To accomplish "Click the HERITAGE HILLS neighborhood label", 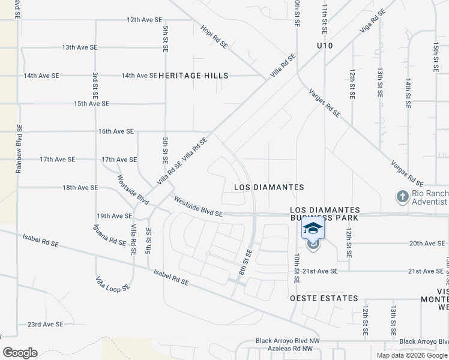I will pos(193,76).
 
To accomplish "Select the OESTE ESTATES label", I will pos(324,298).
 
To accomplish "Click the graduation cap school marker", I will pos(313,229).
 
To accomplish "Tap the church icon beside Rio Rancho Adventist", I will pos(402,196).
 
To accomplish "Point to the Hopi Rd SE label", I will pos(214,36).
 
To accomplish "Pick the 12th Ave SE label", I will pos(145,20).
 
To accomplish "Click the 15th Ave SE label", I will pos(91,104).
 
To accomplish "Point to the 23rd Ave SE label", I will pos(45,325).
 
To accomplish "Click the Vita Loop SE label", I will pos(113,284).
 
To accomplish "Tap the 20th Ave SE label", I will pos(427,244).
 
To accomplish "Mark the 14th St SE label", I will pos(408,92).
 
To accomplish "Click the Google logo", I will pos(20,353).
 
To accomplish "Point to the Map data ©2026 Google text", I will pos(411,355).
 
